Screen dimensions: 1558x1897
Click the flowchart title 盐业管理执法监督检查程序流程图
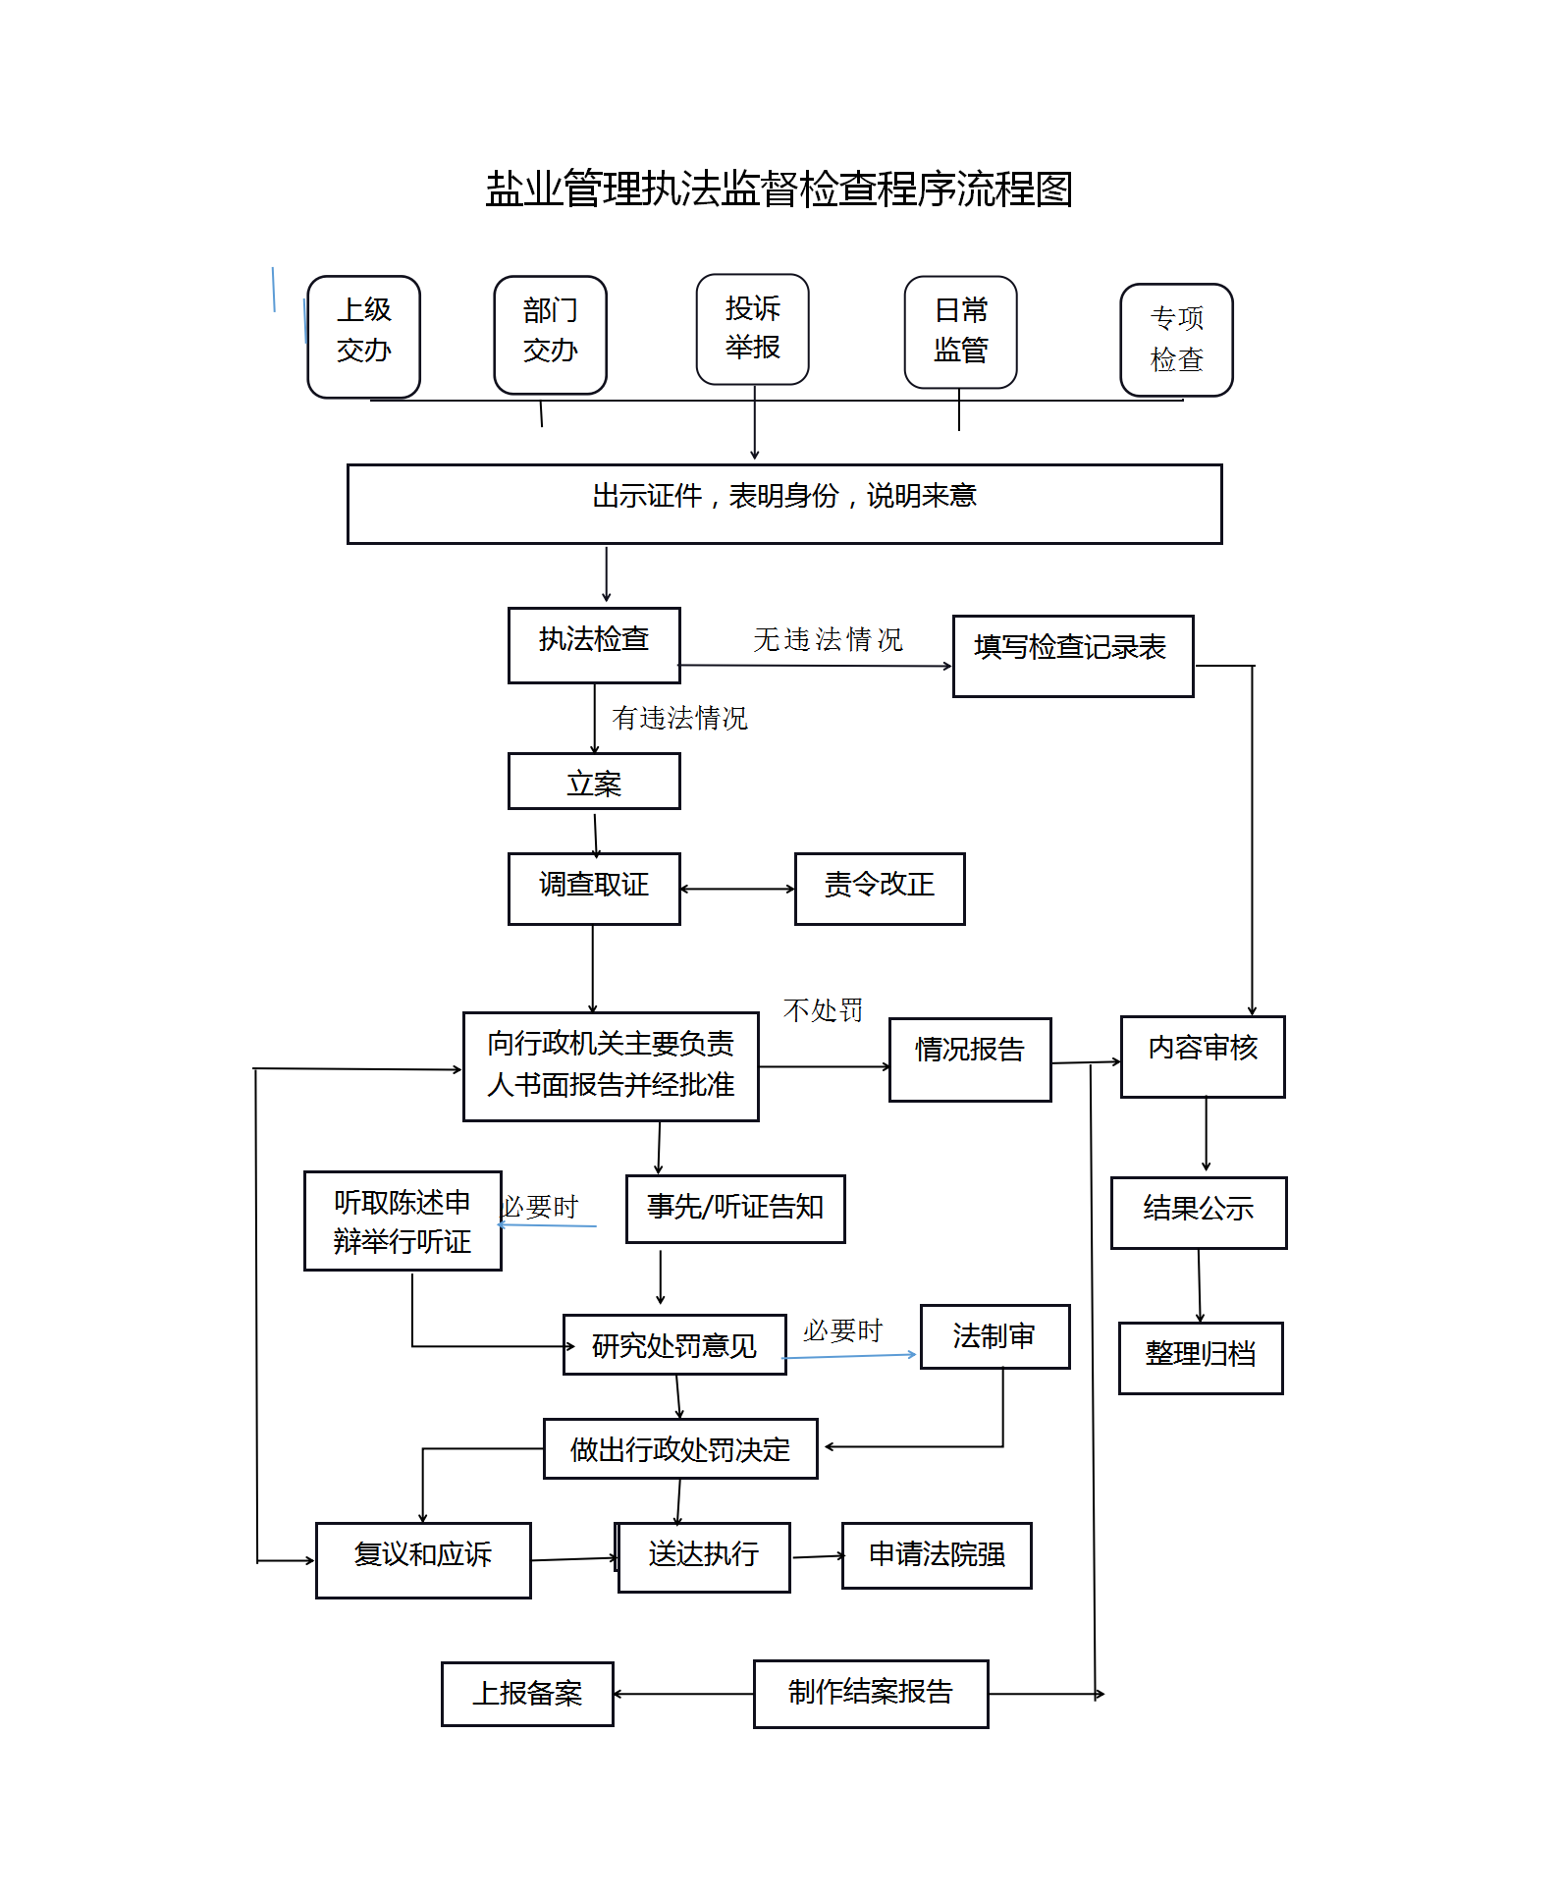[x=779, y=189]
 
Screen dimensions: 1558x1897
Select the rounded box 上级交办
[x=364, y=337]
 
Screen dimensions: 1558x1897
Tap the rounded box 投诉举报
[x=753, y=329]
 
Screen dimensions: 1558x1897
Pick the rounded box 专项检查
[x=1177, y=340]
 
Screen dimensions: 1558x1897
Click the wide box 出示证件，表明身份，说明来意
[x=784, y=504]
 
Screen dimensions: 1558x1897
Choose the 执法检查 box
[x=594, y=645]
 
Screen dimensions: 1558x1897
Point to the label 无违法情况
[x=828, y=639]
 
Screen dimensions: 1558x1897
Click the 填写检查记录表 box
[x=1073, y=656]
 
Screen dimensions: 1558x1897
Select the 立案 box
[x=594, y=781]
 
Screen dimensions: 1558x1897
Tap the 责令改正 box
[x=880, y=889]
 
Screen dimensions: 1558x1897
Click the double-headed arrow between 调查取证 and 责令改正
[x=737, y=890]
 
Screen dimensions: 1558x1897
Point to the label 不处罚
[x=823, y=1010]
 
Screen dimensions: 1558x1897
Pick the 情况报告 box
[x=970, y=1059]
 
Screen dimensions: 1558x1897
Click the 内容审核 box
[x=1203, y=1057]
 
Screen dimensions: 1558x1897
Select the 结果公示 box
[x=1199, y=1213]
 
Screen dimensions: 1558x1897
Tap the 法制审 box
[x=994, y=1336]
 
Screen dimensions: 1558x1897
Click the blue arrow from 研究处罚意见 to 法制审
[x=849, y=1356]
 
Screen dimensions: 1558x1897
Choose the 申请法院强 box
[x=937, y=1555]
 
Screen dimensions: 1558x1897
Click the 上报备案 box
[x=527, y=1694]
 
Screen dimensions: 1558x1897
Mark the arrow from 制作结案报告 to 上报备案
[x=683, y=1694]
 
